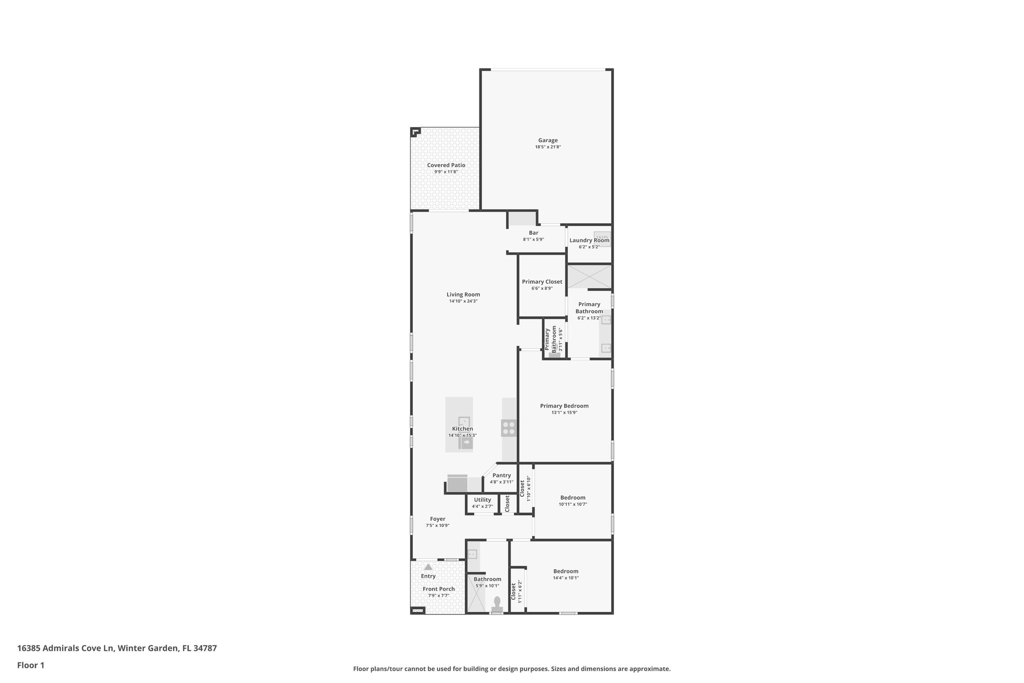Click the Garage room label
coord(547,141)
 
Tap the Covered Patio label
coord(446,165)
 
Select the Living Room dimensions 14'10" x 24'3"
coord(463,301)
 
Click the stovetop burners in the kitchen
coord(508,428)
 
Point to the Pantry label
coord(501,475)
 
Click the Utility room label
coord(482,500)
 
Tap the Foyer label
coord(437,519)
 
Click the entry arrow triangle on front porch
coord(428,567)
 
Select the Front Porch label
coord(438,589)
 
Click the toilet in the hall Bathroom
coord(497,602)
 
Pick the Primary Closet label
coord(542,282)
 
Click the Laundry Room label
coord(589,240)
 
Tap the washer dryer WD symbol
coord(602,238)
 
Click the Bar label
coord(533,233)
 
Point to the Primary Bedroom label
coord(564,406)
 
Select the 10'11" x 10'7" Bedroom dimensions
coord(572,504)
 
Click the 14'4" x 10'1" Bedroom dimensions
coord(565,578)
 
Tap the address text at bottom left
coord(117,648)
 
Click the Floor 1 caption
coord(31,665)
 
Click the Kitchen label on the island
coord(462,429)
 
